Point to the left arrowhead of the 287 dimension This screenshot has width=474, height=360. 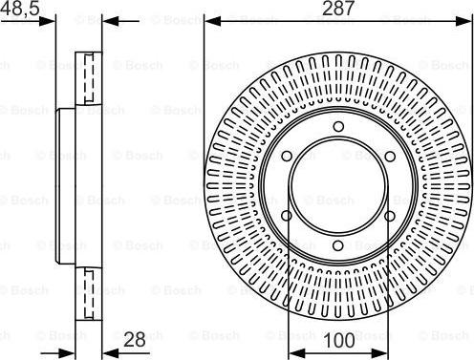[x=209, y=20]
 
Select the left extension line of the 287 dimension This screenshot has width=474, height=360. [x=204, y=95]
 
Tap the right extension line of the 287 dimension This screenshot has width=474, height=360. [x=469, y=95]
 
